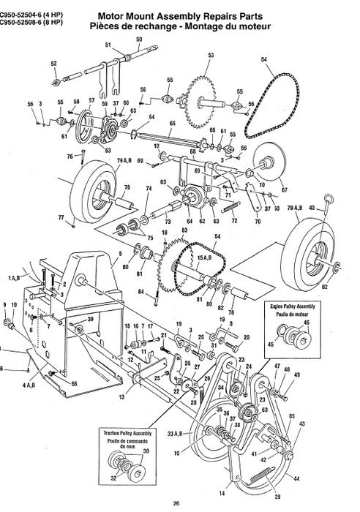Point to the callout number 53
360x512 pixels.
211,56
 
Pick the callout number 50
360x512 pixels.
140,39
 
